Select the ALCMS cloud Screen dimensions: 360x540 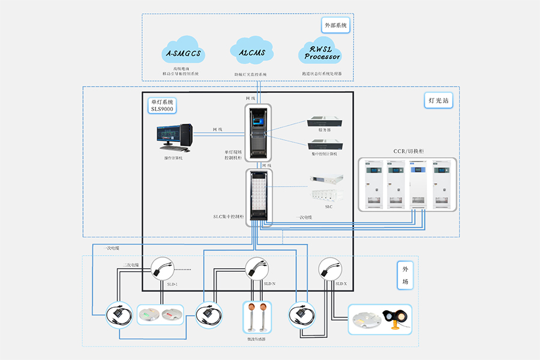point(252,52)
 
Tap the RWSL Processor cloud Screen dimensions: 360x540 point(320,53)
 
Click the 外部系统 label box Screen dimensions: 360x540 point(335,26)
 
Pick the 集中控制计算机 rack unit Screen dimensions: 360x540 point(325,145)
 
